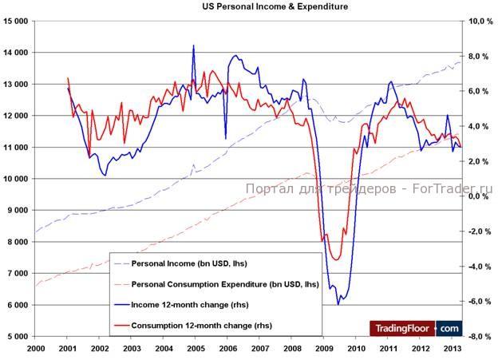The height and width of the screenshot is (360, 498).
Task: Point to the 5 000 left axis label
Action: [18, 336]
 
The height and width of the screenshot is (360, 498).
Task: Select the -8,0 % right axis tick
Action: [478, 336]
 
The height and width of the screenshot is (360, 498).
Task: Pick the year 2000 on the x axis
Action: [36, 349]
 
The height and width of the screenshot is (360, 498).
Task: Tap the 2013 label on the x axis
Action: [451, 349]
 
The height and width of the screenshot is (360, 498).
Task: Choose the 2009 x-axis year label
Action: [322, 349]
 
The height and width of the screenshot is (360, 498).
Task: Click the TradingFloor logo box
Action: [415, 327]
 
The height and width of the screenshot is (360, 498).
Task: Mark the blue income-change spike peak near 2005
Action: [193, 45]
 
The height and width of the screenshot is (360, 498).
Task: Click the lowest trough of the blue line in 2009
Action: [338, 304]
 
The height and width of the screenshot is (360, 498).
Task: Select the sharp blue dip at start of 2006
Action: [225, 137]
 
